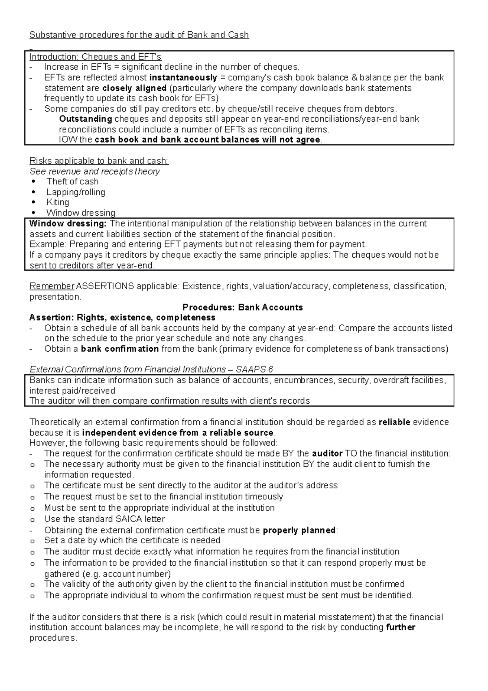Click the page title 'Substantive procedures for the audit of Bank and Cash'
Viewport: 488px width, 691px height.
tap(139, 35)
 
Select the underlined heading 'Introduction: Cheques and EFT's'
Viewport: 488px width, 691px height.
tap(95, 57)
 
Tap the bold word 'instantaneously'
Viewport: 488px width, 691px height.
tap(183, 78)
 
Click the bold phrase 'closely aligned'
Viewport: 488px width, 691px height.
tap(134, 88)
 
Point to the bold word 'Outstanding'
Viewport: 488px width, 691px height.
tap(85, 119)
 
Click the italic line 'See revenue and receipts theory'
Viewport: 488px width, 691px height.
tap(94, 172)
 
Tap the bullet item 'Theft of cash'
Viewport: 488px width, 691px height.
tap(72, 182)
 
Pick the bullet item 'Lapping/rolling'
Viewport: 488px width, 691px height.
tap(76, 192)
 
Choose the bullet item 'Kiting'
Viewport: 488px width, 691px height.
tap(58, 202)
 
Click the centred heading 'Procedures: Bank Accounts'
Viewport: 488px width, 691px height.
tap(243, 308)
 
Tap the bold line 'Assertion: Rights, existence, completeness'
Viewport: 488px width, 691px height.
tap(122, 317)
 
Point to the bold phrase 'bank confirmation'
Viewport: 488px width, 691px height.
tap(120, 349)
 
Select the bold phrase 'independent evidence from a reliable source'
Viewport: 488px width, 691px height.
tap(178, 433)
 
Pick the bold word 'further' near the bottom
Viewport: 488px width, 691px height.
tap(400, 628)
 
